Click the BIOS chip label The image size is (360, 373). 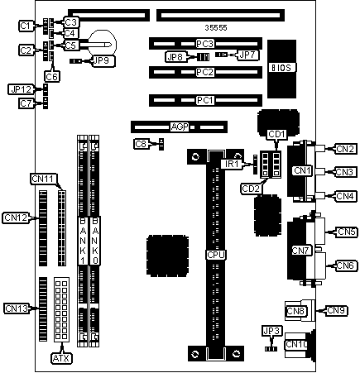(x=281, y=68)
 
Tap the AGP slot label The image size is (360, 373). (x=180, y=127)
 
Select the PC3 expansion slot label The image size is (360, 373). (x=204, y=44)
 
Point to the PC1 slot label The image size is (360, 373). (x=204, y=100)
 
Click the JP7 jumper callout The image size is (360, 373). (x=247, y=55)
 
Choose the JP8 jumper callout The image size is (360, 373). (x=175, y=57)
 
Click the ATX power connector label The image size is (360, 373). (x=61, y=358)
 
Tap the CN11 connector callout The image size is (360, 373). (x=42, y=179)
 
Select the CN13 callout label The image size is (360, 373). (x=17, y=308)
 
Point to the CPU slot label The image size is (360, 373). (x=216, y=255)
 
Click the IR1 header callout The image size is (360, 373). (x=232, y=164)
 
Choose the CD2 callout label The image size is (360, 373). (x=251, y=189)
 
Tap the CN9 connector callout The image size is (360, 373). (x=336, y=311)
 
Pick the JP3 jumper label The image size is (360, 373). (x=272, y=331)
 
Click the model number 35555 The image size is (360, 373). (x=216, y=28)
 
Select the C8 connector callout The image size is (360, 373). (x=142, y=144)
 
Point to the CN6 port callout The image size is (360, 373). (x=346, y=265)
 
